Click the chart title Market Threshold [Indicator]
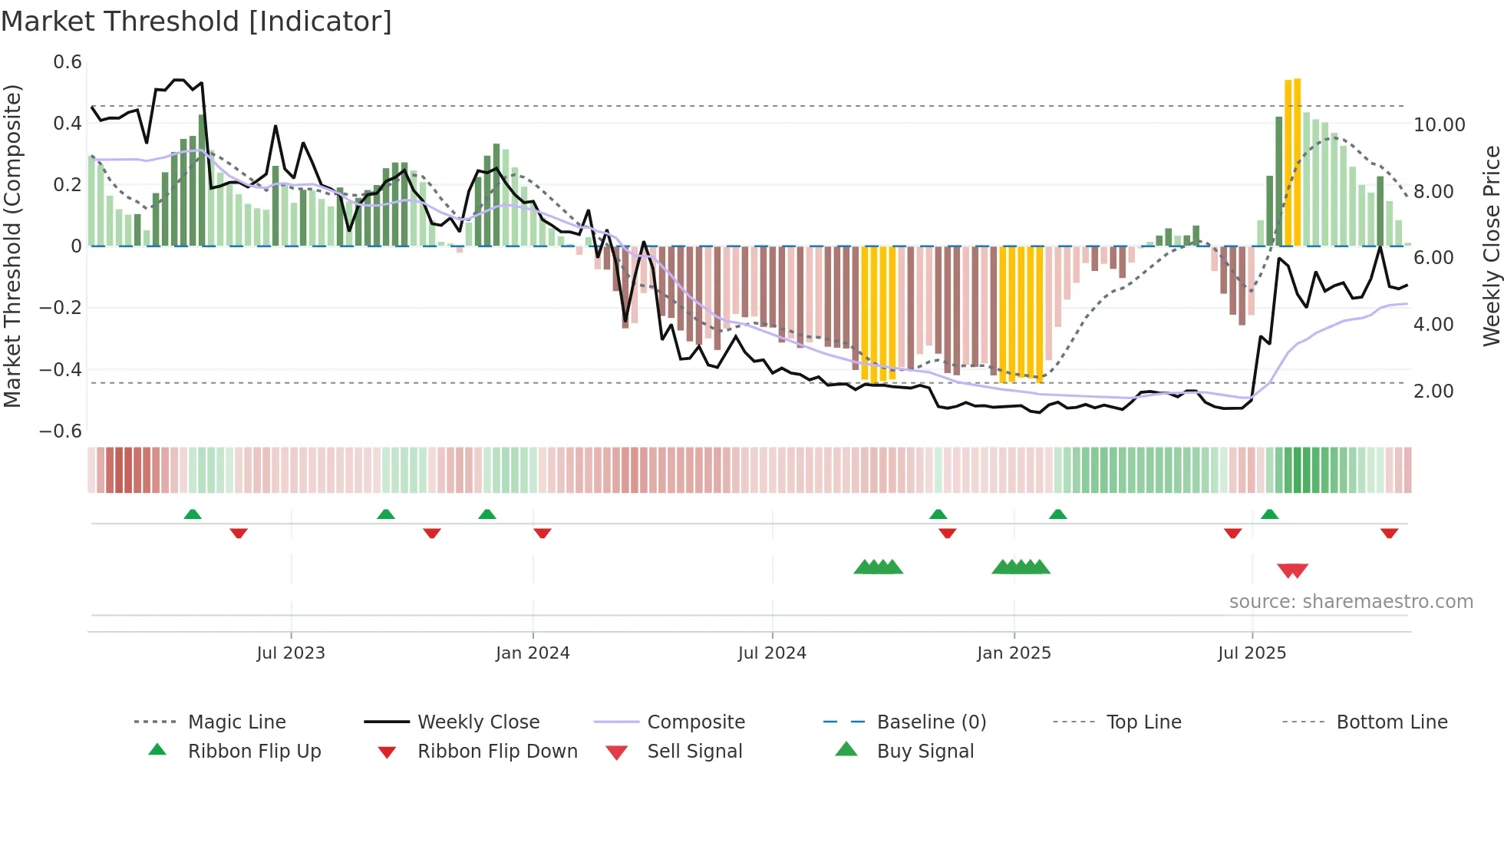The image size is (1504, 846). [196, 21]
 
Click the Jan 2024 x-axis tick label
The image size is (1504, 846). [533, 653]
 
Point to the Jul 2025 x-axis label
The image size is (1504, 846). [1252, 653]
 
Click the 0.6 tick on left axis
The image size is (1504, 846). [68, 62]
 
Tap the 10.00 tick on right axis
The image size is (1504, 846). [1439, 124]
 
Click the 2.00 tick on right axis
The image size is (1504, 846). [1433, 391]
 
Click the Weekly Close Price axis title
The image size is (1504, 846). [1491, 246]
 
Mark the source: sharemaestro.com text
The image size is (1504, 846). [1351, 601]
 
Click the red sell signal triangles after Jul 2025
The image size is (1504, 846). [1292, 570]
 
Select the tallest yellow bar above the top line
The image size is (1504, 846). [1297, 161]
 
